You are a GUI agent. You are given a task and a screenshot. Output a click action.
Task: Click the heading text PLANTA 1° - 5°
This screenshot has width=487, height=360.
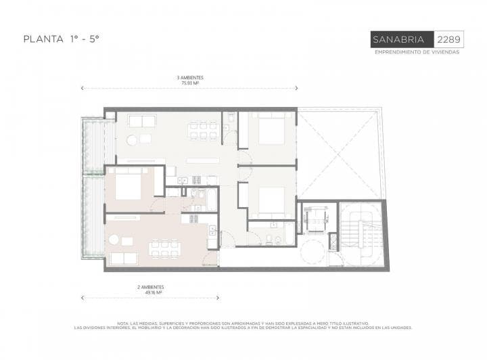pos(62,39)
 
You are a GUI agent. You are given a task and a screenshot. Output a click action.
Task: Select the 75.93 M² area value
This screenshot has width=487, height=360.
pos(189,83)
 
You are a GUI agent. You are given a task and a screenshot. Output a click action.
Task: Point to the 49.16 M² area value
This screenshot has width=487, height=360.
pos(150,292)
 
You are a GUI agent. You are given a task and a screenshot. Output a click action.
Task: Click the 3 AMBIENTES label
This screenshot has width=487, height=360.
pos(189,78)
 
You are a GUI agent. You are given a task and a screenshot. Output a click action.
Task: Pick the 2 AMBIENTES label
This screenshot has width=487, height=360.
pos(150,287)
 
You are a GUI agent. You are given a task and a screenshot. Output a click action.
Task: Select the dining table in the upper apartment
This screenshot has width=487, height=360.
pos(204,129)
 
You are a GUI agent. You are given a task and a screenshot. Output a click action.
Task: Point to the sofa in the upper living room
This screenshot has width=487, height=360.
pos(141,121)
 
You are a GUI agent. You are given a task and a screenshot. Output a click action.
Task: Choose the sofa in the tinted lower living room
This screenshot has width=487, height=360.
pos(123,258)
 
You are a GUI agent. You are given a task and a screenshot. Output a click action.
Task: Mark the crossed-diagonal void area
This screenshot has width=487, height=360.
pos(340,154)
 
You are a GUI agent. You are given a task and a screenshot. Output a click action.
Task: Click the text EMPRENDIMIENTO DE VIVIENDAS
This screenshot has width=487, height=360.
pos(417,53)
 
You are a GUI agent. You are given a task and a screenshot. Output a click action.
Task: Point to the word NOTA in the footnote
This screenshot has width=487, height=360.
pos(123,323)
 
